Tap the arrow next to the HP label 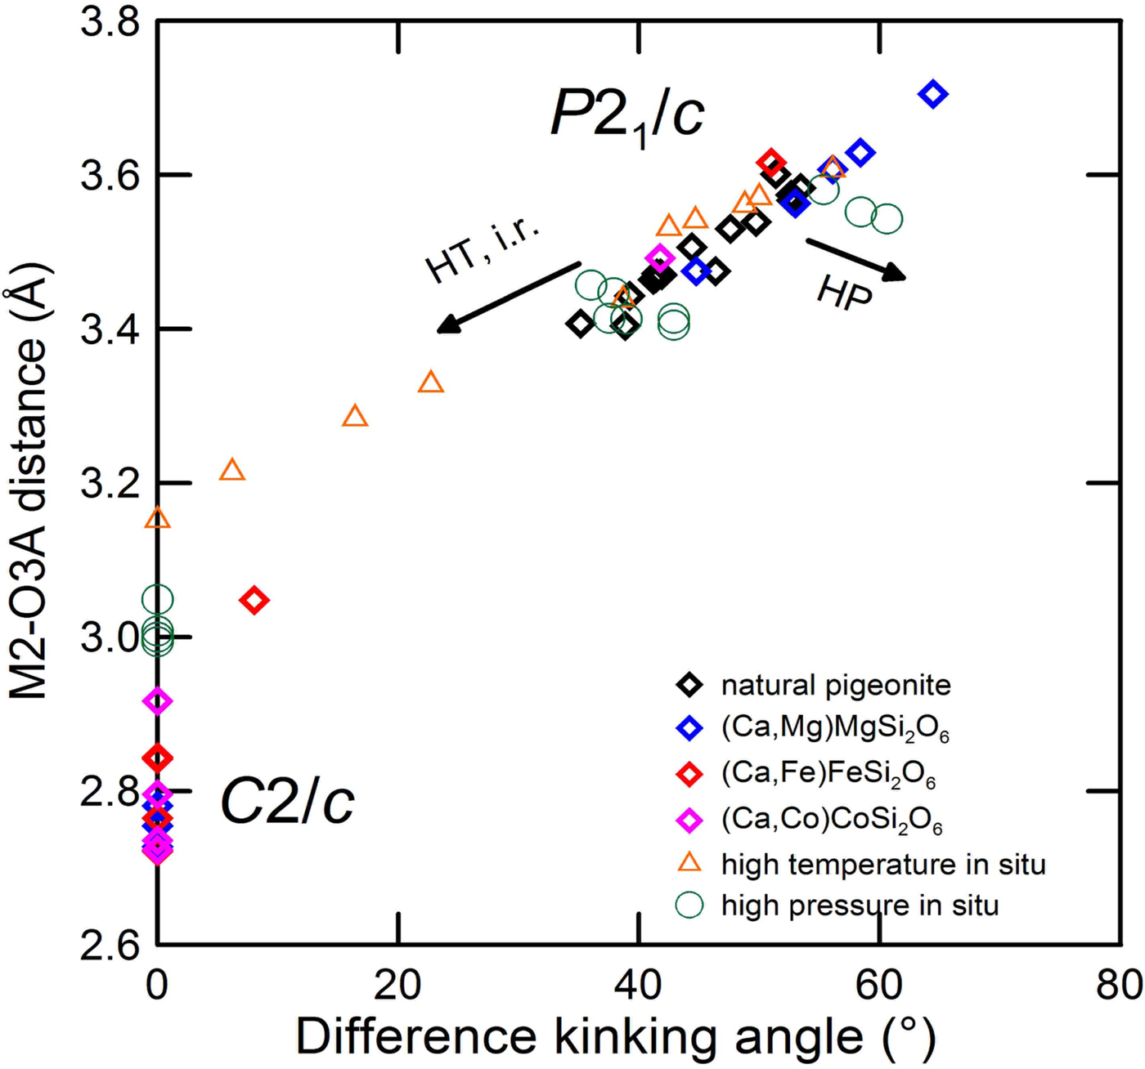(x=856, y=259)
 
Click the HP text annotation (x=845, y=293)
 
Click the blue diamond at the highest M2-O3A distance (x=933, y=94)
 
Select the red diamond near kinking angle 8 (x=254, y=601)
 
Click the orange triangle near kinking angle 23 (x=431, y=382)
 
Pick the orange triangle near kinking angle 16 (x=355, y=417)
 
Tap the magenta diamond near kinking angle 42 (x=660, y=258)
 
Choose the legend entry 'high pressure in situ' (x=860, y=906)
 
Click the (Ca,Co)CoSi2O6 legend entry (x=831, y=820)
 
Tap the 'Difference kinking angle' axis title (x=615, y=1037)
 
